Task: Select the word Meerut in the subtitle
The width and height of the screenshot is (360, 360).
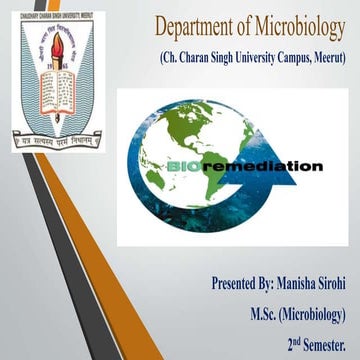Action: [325, 61]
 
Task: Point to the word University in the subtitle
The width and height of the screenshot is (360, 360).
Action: [255, 61]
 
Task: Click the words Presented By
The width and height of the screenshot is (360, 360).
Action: [240, 285]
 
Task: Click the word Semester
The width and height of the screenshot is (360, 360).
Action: [322, 346]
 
